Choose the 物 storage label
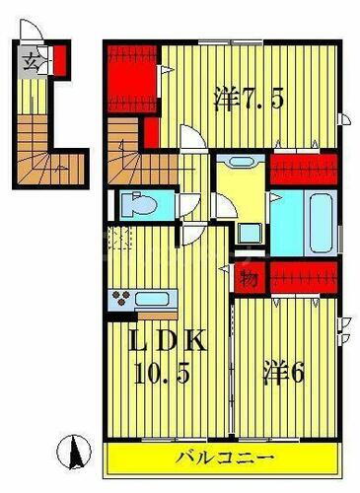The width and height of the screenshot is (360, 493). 249,279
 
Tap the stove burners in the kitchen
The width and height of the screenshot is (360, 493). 122,299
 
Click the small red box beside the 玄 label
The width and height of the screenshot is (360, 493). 60,60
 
